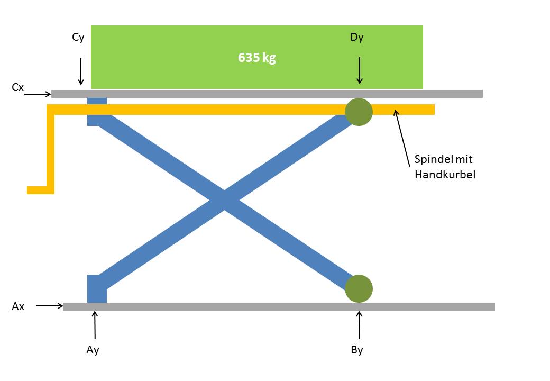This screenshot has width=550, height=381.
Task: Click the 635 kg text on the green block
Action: pyautogui.click(x=257, y=58)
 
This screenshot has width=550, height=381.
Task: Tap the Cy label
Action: pyautogui.click(x=78, y=37)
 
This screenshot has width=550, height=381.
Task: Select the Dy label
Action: pyautogui.click(x=357, y=37)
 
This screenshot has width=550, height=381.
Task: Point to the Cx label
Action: pyautogui.click(x=17, y=87)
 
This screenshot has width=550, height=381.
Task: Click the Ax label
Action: pyautogui.click(x=18, y=306)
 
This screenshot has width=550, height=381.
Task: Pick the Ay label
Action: pyautogui.click(x=93, y=350)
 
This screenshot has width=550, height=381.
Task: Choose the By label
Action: pyautogui.click(x=357, y=350)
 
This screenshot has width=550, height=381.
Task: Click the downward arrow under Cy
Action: pyautogui.click(x=81, y=71)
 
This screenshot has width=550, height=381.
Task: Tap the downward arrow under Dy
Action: pyautogui.click(x=360, y=70)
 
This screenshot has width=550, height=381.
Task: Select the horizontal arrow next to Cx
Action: pyautogui.click(x=38, y=94)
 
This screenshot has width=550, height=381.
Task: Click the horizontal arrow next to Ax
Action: pyautogui.click(x=50, y=306)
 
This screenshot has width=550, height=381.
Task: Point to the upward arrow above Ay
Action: pyautogui.click(x=95, y=325)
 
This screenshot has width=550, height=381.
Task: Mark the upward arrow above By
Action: pyautogui.click(x=359, y=325)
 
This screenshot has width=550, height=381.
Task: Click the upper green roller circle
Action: pyautogui.click(x=359, y=112)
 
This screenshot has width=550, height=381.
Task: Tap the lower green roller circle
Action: pyautogui.click(x=359, y=289)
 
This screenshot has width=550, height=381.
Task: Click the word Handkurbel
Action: pyautogui.click(x=445, y=175)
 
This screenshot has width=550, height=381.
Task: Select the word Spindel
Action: pyautogui.click(x=434, y=159)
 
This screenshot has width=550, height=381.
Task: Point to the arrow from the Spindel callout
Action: pyautogui.click(x=402, y=138)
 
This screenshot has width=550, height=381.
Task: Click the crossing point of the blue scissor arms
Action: pyautogui.click(x=224, y=201)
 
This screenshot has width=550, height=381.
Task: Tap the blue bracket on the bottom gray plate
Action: pyautogui.click(x=97, y=288)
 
